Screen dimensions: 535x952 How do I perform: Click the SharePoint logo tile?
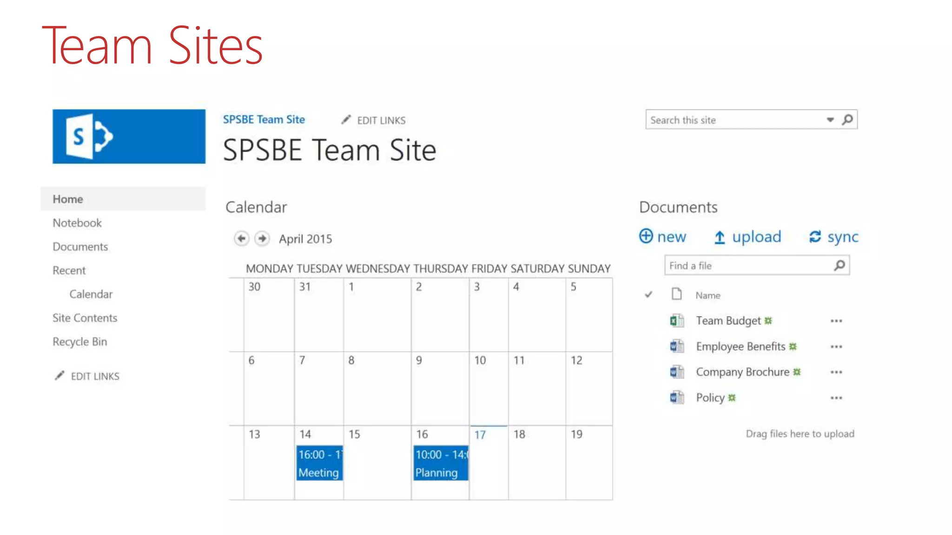tap(129, 137)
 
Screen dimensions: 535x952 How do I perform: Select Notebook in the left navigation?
tap(77, 223)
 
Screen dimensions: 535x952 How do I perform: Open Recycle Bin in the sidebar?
tap(80, 342)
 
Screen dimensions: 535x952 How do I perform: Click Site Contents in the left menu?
tap(85, 318)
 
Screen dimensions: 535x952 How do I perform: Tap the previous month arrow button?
tap(241, 239)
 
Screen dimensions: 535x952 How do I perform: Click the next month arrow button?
tap(262, 239)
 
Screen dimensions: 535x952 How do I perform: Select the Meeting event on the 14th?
tap(319, 463)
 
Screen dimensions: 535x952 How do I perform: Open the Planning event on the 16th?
tap(440, 463)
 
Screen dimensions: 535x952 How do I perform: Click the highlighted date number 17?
tap(480, 435)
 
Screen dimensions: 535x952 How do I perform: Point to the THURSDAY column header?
tap(440, 268)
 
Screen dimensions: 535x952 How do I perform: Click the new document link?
tap(663, 237)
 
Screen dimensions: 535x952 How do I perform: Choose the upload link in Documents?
tap(747, 237)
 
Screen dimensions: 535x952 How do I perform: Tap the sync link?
tap(834, 237)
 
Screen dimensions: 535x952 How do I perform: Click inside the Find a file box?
tap(748, 266)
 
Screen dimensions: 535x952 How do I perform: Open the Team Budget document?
tap(728, 321)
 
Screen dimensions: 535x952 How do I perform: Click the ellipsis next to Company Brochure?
tap(836, 372)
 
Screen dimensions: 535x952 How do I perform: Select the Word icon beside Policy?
tap(677, 398)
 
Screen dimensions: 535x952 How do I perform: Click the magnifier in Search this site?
tap(848, 120)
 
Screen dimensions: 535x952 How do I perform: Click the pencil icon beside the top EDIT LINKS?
tap(346, 120)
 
